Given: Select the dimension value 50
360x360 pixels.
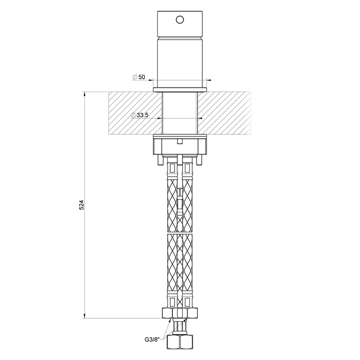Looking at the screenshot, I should pyautogui.click(x=141, y=77).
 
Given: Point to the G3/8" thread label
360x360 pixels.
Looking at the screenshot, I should pyautogui.click(x=152, y=339).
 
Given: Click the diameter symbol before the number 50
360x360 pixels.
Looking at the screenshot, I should pyautogui.click(x=134, y=77).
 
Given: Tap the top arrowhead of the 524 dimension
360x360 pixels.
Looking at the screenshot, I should pyautogui.click(x=85, y=94).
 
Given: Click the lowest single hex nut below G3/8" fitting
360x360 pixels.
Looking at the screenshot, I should pyautogui.click(x=180, y=342).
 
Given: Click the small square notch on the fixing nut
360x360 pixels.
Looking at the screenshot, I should pyautogui.click(x=180, y=141).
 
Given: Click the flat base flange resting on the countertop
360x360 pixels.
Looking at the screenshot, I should pyautogui.click(x=180, y=89).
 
